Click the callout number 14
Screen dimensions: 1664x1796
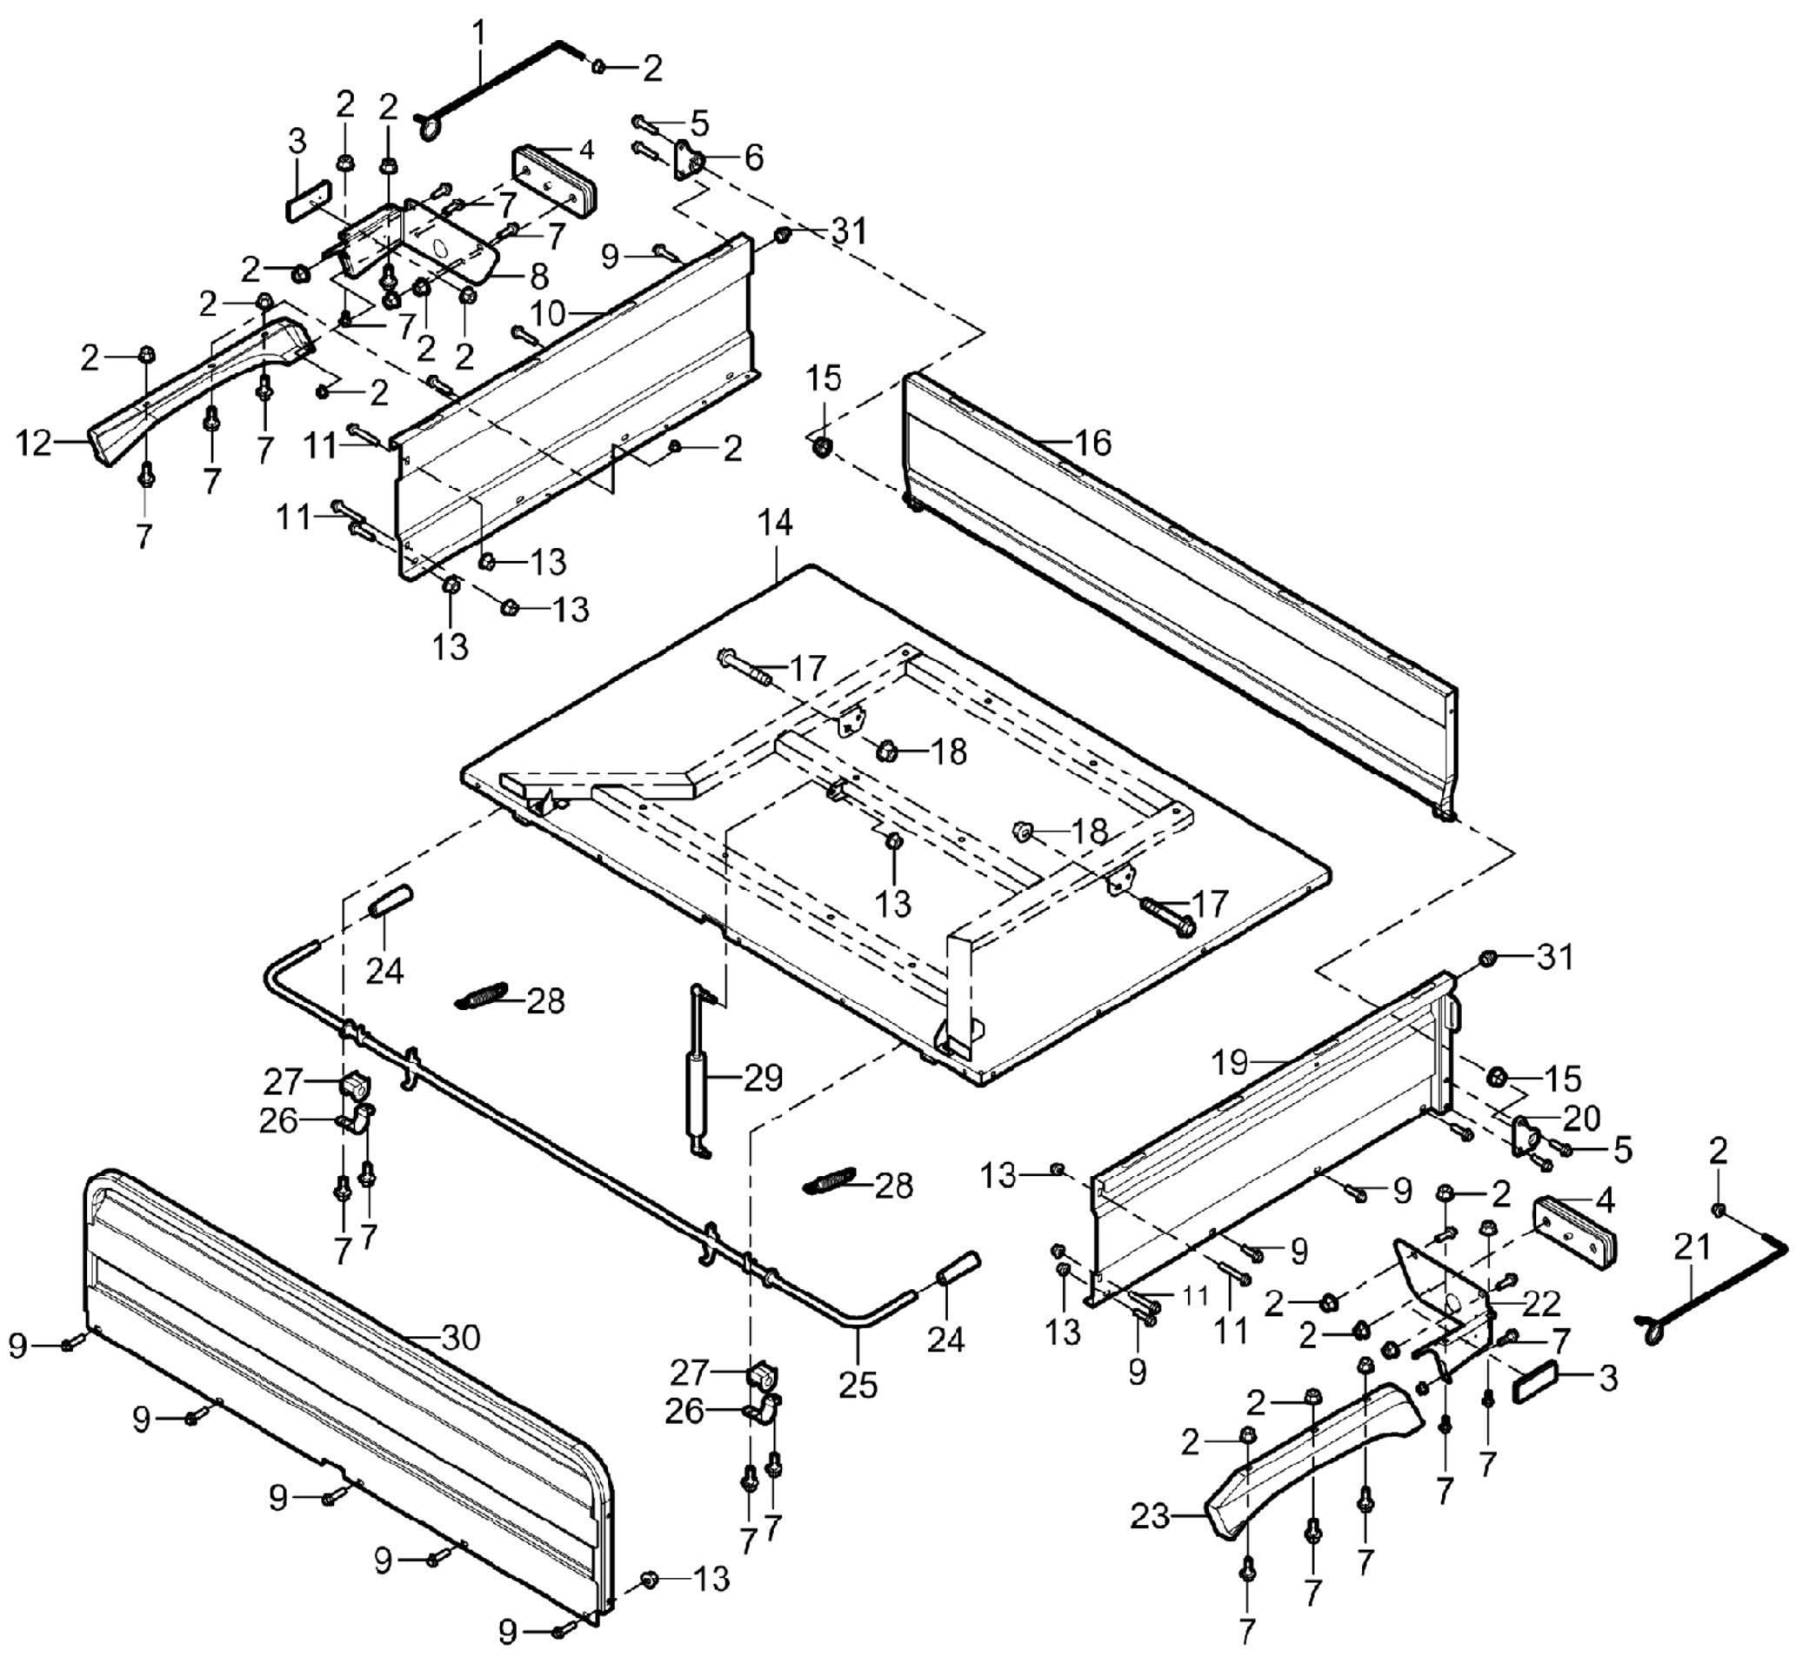pos(774,523)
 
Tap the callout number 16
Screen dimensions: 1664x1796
pos(1092,442)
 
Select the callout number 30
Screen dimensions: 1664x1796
pos(461,1337)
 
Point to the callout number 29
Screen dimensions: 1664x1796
pos(763,1077)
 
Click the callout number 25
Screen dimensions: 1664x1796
pos(857,1385)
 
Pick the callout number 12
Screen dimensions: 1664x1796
pos(34,443)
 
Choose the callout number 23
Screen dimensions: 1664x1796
pos(1150,1516)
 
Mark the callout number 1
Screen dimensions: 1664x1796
pos(479,32)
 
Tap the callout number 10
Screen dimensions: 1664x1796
pos(547,313)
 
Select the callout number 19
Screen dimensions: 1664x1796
pos(1230,1063)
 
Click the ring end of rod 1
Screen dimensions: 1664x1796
pos(429,127)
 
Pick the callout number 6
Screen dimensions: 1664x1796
pos(752,157)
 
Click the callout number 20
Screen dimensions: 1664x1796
pos(1582,1118)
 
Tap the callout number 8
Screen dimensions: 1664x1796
pos(539,276)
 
